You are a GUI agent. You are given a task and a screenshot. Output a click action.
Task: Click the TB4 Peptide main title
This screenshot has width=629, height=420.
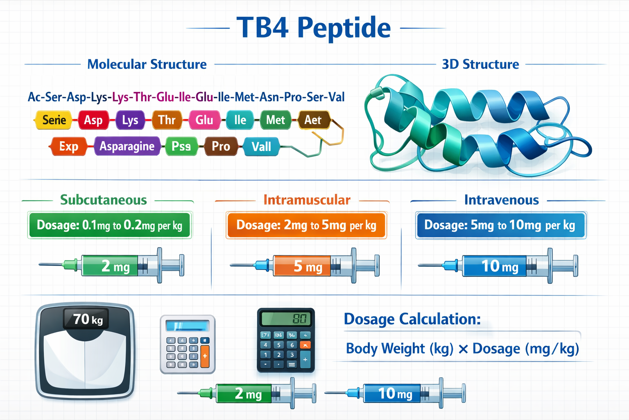(314, 28)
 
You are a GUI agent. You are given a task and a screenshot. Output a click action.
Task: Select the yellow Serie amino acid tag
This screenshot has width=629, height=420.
(54, 120)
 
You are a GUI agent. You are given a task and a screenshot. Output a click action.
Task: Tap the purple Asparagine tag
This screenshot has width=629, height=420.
(127, 146)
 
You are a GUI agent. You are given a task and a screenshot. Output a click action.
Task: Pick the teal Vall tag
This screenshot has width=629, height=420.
(261, 147)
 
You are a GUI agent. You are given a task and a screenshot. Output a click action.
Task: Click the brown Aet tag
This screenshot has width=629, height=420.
(313, 120)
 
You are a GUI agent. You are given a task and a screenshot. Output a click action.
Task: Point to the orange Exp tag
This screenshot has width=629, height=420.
(68, 146)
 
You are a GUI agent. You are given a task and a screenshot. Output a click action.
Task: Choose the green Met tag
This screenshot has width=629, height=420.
(275, 120)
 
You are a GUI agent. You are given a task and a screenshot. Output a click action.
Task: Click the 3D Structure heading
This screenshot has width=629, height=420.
(480, 64)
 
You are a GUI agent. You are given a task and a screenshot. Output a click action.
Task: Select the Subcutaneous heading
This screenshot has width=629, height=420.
(104, 200)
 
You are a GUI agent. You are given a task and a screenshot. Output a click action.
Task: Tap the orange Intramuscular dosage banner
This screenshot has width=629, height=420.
(306, 225)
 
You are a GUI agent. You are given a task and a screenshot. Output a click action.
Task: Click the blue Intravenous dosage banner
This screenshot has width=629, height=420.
(500, 225)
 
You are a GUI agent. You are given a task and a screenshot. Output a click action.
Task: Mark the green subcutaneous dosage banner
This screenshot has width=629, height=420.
(110, 225)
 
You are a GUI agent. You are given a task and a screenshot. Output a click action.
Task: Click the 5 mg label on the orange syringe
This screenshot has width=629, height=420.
(308, 267)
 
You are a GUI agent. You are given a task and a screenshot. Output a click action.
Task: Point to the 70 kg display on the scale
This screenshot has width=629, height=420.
(87, 319)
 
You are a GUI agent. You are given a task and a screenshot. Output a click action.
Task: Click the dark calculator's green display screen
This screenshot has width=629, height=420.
(286, 319)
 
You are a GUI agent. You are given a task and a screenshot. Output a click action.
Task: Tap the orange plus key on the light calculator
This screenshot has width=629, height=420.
(205, 356)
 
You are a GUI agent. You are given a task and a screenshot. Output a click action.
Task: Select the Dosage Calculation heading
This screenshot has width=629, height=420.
(412, 319)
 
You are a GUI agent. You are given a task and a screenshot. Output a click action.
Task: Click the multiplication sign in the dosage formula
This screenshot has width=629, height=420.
(463, 349)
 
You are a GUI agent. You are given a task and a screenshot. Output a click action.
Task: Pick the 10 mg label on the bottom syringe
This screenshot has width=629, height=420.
(395, 394)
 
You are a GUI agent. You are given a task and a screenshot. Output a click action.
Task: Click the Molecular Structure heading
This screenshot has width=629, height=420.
(147, 64)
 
